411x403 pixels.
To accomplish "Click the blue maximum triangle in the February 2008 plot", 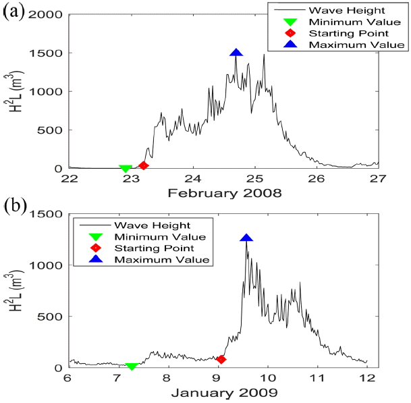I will (236, 53).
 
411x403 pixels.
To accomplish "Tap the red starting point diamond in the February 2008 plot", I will (143, 165).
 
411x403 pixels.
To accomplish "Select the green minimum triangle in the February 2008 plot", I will (125, 169).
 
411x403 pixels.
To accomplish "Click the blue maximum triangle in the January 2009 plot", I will (246, 238).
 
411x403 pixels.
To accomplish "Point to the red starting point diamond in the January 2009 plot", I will (221, 359).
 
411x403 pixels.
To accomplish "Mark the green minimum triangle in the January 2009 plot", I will (132, 366).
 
